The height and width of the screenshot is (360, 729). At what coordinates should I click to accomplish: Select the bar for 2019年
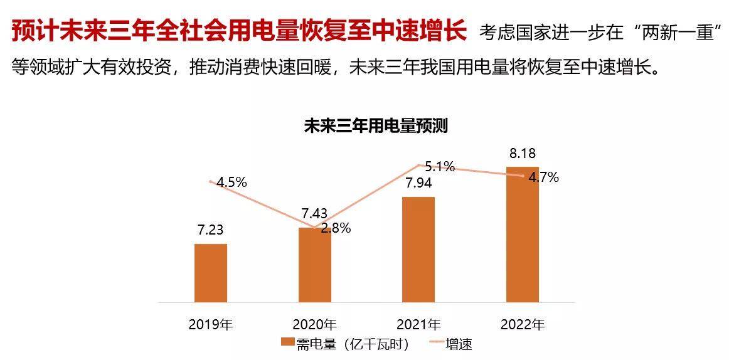pos(211,273)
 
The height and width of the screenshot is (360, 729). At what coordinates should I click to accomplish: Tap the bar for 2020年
pos(314,265)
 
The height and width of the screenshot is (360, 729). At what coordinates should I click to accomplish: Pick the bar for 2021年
pos(418,250)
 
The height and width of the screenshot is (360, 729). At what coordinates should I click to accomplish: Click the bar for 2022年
pos(523,235)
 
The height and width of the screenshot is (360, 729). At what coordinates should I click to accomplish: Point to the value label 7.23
pos(211,231)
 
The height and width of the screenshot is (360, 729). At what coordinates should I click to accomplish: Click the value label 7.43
pos(314,214)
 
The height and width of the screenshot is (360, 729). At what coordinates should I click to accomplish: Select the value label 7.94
pos(418,184)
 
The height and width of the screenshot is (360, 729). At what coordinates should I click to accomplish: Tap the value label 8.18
pos(523,154)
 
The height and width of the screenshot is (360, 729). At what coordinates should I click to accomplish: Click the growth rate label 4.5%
pos(232,183)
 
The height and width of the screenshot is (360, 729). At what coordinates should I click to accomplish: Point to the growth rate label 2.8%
pos(336,228)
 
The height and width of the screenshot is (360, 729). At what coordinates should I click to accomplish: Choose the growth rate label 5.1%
pos(440,167)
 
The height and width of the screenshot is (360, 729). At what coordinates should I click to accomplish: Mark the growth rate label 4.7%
pos(543,177)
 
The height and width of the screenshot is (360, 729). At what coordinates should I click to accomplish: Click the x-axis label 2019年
pos(211,324)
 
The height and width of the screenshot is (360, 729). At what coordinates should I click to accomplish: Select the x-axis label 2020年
pos(314,324)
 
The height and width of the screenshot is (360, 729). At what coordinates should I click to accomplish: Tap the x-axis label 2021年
pos(418,324)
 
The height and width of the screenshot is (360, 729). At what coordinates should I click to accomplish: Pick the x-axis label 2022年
pos(523,324)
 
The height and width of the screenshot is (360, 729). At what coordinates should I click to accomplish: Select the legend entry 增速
pos(451,344)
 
